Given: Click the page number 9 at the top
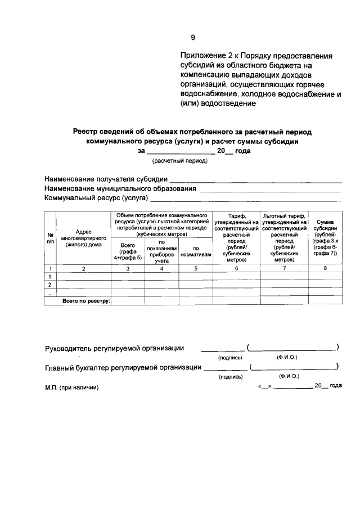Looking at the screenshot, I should (192, 38).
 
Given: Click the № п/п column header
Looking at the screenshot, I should (50, 237).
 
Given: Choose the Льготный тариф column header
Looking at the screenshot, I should (284, 237).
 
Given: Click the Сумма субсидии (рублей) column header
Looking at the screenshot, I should (326, 237).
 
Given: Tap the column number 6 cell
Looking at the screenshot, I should (236, 269).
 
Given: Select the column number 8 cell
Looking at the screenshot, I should (326, 269).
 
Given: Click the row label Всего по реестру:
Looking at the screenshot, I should (87, 301).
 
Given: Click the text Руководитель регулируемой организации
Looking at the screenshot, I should (114, 348).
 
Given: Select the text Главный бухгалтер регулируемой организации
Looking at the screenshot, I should (123, 367).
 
